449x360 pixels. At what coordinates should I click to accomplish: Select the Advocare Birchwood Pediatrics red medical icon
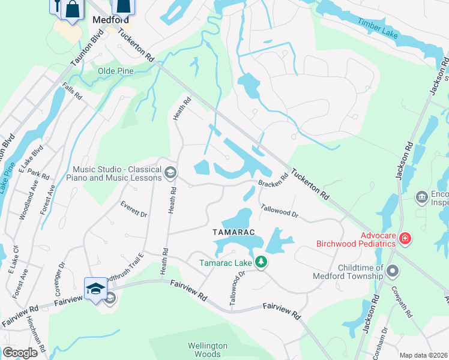(x=406, y=239)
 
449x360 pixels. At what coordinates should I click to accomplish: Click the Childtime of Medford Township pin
(x=393, y=271)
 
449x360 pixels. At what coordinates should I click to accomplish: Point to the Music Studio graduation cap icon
(x=170, y=173)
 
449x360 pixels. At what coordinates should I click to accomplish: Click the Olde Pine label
(x=116, y=71)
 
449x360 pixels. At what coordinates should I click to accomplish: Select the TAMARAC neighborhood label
(x=234, y=232)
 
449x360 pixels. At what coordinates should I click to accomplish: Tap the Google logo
(x=20, y=353)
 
